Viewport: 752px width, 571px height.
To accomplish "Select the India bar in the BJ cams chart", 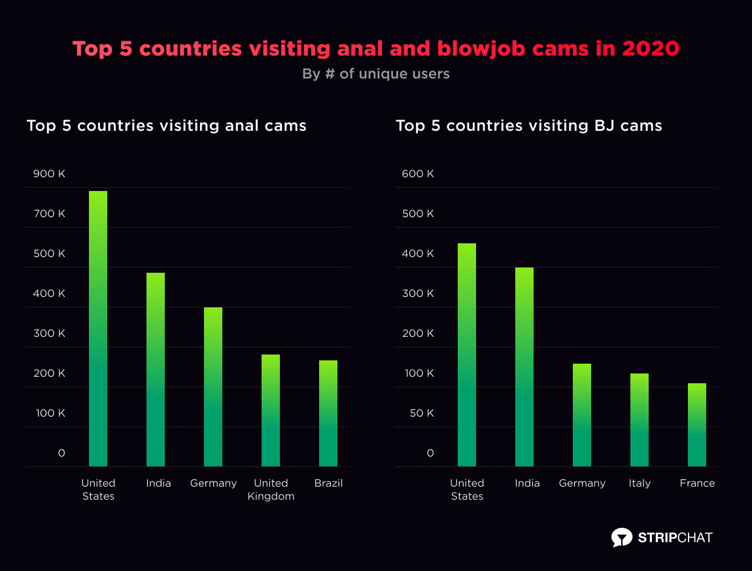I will point(524,366).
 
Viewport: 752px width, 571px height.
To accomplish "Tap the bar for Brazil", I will point(328,413).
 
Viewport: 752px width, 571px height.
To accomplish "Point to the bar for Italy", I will point(640,419).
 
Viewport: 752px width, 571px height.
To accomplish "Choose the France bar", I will point(697,424).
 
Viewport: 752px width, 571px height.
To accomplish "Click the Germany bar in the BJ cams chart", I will point(582,415).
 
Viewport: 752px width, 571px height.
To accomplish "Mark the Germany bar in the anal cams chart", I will point(213,387).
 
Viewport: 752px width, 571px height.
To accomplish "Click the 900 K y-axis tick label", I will point(50,174).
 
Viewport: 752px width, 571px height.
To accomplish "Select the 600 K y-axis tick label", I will point(419,174).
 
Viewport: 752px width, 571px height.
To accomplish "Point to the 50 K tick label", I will point(420,413).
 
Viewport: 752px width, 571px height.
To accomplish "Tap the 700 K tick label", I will point(50,214).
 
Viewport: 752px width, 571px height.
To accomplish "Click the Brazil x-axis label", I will point(328,483).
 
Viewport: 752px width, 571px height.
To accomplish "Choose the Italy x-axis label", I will point(640,483).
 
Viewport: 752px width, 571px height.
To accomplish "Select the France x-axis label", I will point(697,483).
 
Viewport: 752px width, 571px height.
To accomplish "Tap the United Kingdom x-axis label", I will point(271,490).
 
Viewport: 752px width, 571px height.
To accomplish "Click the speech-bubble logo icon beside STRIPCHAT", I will point(621,538).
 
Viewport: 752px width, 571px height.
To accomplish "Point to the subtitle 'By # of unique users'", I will point(376,74).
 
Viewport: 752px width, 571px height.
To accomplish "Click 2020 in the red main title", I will point(651,49).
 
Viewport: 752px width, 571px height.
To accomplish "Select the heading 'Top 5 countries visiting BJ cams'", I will point(529,126).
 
